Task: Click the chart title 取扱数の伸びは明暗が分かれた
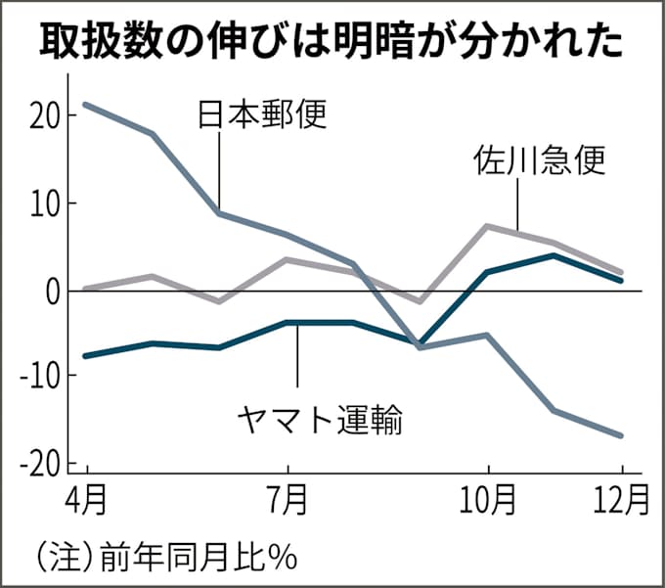[332, 41]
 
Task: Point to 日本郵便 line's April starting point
[87, 104]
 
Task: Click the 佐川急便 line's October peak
[487, 226]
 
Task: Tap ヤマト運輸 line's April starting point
[87, 355]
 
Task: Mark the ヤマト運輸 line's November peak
[554, 255]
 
